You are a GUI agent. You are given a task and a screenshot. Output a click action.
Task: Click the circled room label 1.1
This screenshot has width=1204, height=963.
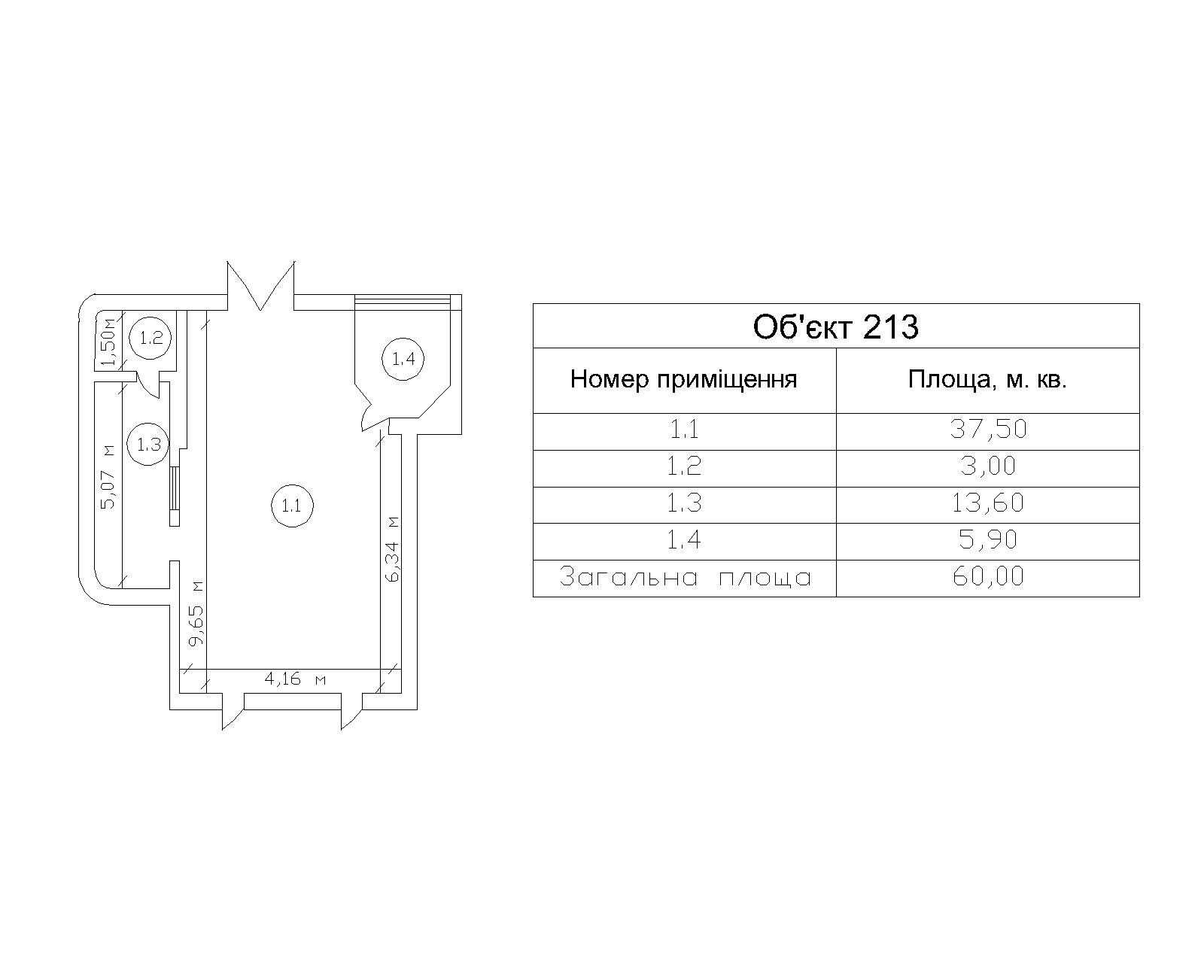point(291,506)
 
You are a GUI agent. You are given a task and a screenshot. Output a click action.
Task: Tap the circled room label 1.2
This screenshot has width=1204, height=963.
point(151,337)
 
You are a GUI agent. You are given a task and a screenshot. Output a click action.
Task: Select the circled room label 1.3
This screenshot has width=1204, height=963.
point(149,444)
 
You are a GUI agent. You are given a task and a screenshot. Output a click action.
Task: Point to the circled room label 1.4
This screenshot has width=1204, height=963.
point(403,359)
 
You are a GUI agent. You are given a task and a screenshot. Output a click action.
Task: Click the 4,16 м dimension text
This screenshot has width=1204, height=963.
point(295,679)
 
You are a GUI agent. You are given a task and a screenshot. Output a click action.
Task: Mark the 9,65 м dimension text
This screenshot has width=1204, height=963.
point(196,613)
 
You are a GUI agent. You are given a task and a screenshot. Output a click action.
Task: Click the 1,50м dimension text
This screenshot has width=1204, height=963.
point(109,343)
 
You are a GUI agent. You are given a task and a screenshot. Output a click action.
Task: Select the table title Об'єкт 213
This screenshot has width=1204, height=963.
point(835,327)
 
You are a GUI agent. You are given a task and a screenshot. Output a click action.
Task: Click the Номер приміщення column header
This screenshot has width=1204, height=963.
point(683,379)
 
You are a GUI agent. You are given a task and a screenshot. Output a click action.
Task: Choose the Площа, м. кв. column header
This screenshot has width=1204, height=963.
point(987,379)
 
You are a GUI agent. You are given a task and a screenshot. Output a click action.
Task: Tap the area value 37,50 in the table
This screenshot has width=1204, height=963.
point(987,430)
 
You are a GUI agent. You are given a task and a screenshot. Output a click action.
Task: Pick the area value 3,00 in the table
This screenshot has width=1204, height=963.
point(987,466)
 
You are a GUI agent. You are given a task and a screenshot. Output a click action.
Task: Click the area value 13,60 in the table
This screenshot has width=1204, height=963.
point(987,503)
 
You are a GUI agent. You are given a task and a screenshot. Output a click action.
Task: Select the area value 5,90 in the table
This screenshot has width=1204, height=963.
point(987,540)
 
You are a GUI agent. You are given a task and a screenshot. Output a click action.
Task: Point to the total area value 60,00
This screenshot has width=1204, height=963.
point(987,577)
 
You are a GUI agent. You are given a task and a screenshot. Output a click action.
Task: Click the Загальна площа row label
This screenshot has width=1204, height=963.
point(685,578)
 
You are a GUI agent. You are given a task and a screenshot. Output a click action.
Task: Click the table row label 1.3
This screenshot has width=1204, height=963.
point(684,503)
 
